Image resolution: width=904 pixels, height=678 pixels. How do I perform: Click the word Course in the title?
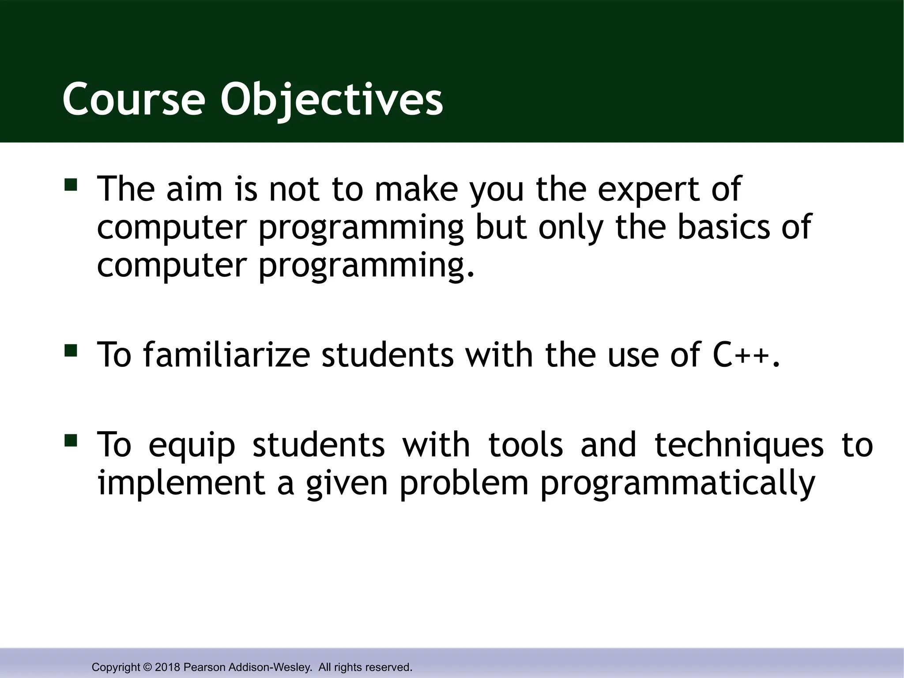point(134,99)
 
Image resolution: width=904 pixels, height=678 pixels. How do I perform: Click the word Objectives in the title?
point(331,99)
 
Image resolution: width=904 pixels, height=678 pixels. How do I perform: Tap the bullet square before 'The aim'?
point(71,184)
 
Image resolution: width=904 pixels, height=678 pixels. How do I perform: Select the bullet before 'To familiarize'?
point(71,350)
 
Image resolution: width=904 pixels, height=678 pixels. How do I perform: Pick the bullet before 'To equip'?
point(71,441)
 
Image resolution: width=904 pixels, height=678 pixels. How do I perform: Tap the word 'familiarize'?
point(226,355)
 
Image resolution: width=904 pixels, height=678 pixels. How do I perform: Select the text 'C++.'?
point(746,355)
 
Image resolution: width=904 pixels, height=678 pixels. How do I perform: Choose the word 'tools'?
point(526,445)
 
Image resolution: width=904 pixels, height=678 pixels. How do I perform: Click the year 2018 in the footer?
point(167,667)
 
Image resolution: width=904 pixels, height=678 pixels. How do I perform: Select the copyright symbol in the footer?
point(147,667)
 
